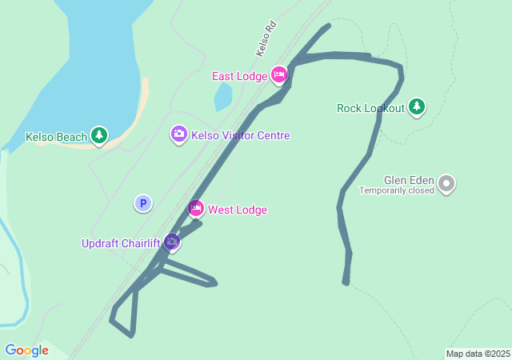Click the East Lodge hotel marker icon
[278, 75]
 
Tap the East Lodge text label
[239, 76]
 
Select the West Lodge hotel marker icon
[196, 210]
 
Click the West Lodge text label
[238, 210]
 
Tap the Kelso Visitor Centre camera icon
[179, 134]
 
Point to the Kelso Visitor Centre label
[241, 136]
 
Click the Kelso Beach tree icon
[99, 135]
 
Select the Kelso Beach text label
[56, 137]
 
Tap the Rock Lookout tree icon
[416, 106]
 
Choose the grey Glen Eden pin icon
[447, 185]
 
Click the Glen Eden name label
[409, 180]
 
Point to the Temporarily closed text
[397, 190]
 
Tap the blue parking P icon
[142, 204]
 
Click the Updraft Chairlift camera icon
[171, 242]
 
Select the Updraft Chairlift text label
[120, 243]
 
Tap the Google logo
[26, 350]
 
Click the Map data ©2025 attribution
[478, 354]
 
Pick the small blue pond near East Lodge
[223, 98]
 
